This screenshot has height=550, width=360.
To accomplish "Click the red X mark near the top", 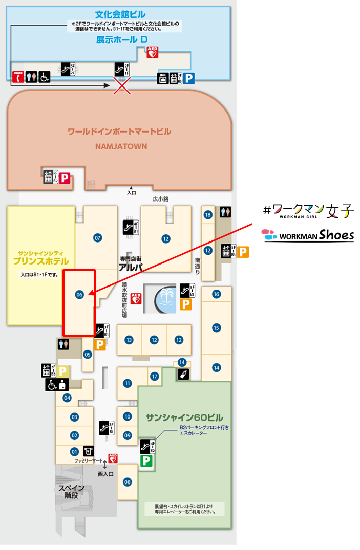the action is point(121,85).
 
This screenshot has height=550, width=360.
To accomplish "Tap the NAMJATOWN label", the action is point(121,146).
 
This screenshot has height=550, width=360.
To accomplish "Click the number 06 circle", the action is point(79,294).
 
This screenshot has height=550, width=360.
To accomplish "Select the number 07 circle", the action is point(98,237).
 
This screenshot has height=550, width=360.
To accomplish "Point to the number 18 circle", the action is point(207,215).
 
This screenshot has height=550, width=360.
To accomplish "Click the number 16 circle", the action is point(216,294).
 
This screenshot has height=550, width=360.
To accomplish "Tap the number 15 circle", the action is point(216,328).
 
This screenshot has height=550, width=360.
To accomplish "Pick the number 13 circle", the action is point(129,340).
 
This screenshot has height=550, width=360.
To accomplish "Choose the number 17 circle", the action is point(155,377).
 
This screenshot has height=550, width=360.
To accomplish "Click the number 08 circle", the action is point(128,481).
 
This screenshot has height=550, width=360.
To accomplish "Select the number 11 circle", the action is point(128,383).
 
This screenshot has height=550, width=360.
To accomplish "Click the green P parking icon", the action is point(147,461).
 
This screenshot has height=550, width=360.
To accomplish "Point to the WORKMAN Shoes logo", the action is point(308,235).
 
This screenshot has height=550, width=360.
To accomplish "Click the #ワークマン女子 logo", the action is point(308,210).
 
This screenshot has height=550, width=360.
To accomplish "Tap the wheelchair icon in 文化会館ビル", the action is point(45,77).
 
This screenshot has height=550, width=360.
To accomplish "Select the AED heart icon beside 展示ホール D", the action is point(152,52).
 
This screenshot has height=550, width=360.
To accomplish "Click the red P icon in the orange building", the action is point(65,178).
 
